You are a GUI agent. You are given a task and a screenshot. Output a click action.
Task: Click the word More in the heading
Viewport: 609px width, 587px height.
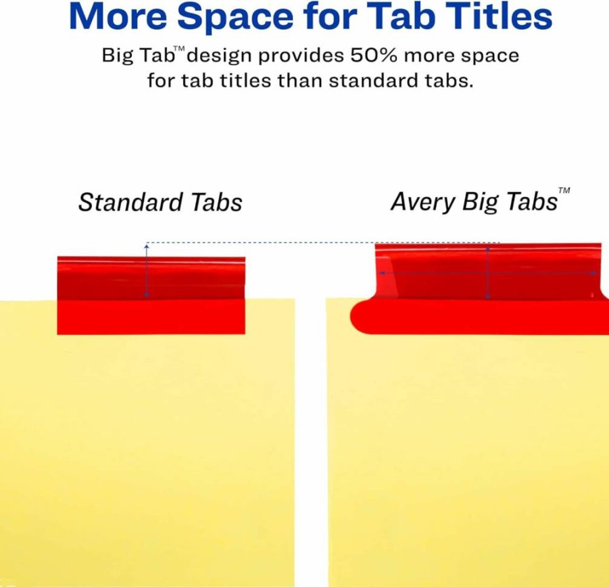click(x=118, y=16)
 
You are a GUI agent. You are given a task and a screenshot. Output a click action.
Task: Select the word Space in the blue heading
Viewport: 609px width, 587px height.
click(x=235, y=18)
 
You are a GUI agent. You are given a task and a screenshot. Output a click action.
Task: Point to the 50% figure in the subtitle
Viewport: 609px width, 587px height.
click(x=374, y=55)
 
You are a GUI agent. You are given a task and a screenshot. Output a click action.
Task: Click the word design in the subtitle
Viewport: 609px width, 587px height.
click(x=220, y=56)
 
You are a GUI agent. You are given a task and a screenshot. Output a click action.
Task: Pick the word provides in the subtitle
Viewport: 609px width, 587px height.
click(x=301, y=56)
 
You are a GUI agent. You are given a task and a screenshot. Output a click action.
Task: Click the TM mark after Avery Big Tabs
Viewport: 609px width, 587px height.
click(x=564, y=190)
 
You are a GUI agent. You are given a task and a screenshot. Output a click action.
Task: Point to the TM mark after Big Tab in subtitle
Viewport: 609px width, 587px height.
click(x=179, y=49)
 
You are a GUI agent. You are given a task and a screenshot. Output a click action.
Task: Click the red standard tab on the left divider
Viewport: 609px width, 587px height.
click(x=151, y=295)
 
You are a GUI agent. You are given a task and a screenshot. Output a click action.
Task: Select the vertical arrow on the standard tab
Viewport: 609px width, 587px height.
click(x=147, y=271)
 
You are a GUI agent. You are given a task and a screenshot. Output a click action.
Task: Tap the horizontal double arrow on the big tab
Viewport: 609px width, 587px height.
click(x=488, y=274)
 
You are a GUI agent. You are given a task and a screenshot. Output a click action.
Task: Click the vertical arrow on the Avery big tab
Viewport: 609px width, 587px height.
click(x=488, y=272)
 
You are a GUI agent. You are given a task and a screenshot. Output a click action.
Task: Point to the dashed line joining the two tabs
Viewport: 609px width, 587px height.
click(x=322, y=243)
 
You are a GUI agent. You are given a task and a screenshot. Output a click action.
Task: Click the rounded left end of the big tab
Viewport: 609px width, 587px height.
click(x=360, y=316)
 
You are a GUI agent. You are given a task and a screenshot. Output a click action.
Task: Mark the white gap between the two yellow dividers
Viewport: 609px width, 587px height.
click(x=310, y=442)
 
